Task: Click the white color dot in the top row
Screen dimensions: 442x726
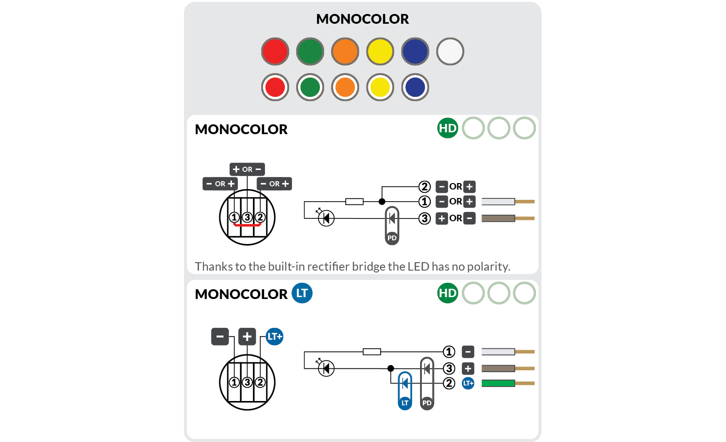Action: pyautogui.click(x=450, y=51)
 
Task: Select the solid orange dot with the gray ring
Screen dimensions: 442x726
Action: pyautogui.click(x=345, y=51)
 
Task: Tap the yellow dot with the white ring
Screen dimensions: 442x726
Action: pyautogui.click(x=380, y=87)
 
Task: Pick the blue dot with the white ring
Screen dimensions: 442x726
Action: pyautogui.click(x=415, y=87)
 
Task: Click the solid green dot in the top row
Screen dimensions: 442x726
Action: pyautogui.click(x=310, y=51)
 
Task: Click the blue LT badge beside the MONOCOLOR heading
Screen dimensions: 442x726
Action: pyautogui.click(x=302, y=293)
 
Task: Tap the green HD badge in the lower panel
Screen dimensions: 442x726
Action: pyautogui.click(x=448, y=293)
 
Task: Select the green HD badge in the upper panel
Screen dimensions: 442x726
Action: pyautogui.click(x=448, y=128)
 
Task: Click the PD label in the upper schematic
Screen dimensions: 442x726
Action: pyautogui.click(x=392, y=238)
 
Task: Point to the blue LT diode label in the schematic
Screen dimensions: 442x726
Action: pyautogui.click(x=405, y=403)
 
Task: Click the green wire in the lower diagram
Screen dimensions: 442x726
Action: pyautogui.click(x=498, y=383)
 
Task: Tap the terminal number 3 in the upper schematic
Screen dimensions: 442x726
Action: pyautogui.click(x=424, y=218)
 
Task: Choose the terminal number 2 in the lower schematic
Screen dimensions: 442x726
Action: pyautogui.click(x=449, y=383)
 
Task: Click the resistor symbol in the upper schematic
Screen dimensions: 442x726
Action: pyautogui.click(x=354, y=202)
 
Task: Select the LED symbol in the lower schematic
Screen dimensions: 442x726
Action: pyautogui.click(x=326, y=368)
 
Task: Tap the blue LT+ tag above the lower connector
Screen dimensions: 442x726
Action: pyautogui.click(x=275, y=336)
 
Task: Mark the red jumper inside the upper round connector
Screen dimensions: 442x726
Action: pyautogui.click(x=247, y=224)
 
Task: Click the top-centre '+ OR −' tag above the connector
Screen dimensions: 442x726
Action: pyautogui.click(x=247, y=169)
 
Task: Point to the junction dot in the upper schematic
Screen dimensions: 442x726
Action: pyautogui.click(x=382, y=202)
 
